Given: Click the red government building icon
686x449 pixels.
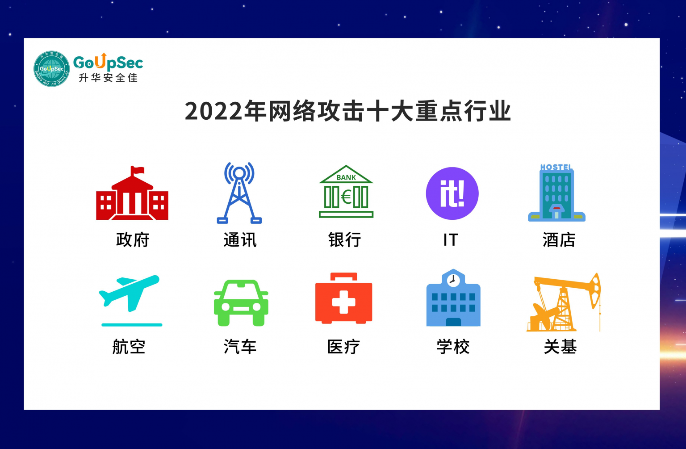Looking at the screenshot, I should coord(132,197).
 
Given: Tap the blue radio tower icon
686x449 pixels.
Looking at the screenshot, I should coord(239,193).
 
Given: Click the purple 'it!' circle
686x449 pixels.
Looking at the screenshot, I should coord(452,193).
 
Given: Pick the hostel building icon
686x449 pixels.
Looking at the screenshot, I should coord(556,193).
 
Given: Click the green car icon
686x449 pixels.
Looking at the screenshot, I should coord(241,303).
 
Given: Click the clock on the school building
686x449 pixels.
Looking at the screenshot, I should coord(453,280).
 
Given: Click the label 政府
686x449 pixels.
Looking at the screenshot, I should coord(132,240).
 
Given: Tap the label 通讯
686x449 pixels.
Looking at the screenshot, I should coord(240,240).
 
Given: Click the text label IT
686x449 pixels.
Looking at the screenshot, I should coord(451,240).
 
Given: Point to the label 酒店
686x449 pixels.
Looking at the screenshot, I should coord(559,240).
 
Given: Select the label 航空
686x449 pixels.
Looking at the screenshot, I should coord(129,347).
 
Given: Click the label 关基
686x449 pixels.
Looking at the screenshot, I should coord(560,347).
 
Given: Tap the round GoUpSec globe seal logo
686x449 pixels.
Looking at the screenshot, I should coord(52,69).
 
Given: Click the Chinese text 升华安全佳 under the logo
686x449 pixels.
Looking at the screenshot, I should coord(108,78).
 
